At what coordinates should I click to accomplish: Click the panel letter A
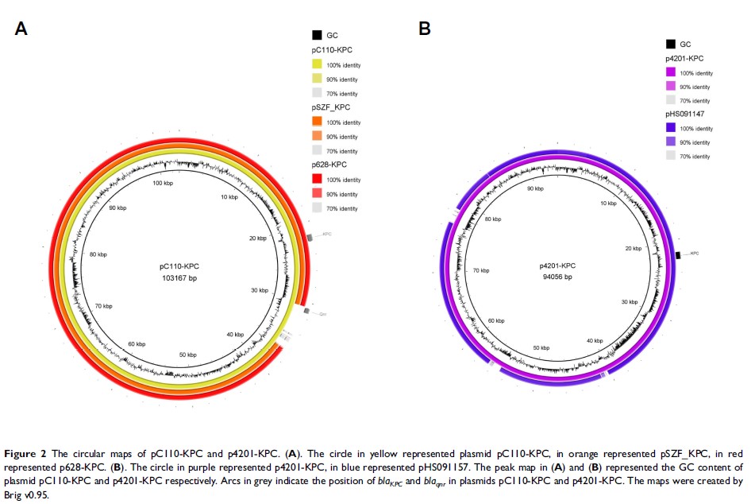tap(21, 29)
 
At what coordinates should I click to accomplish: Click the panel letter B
tap(425, 29)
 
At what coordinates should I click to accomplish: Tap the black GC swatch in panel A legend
tap(317, 35)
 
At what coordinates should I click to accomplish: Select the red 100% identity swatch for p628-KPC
tap(317, 180)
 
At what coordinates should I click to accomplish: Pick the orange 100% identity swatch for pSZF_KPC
tap(317, 122)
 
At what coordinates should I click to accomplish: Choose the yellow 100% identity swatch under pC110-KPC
tap(317, 64)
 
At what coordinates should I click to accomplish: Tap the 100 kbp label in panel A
tap(162, 183)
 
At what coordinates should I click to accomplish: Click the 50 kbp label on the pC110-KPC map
tap(188, 354)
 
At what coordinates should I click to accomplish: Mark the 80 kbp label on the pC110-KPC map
tap(98, 254)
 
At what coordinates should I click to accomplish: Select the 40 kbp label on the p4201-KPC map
tap(595, 340)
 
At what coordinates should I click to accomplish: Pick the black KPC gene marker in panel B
tap(680, 254)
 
